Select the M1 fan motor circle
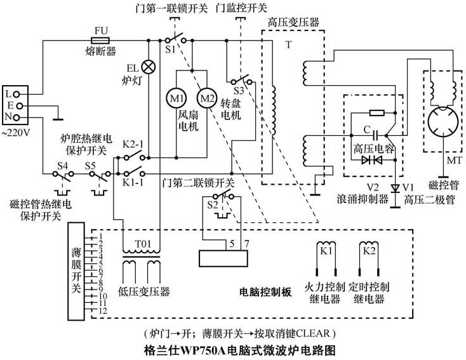pos(175,98)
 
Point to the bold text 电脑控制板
pos(265,292)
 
